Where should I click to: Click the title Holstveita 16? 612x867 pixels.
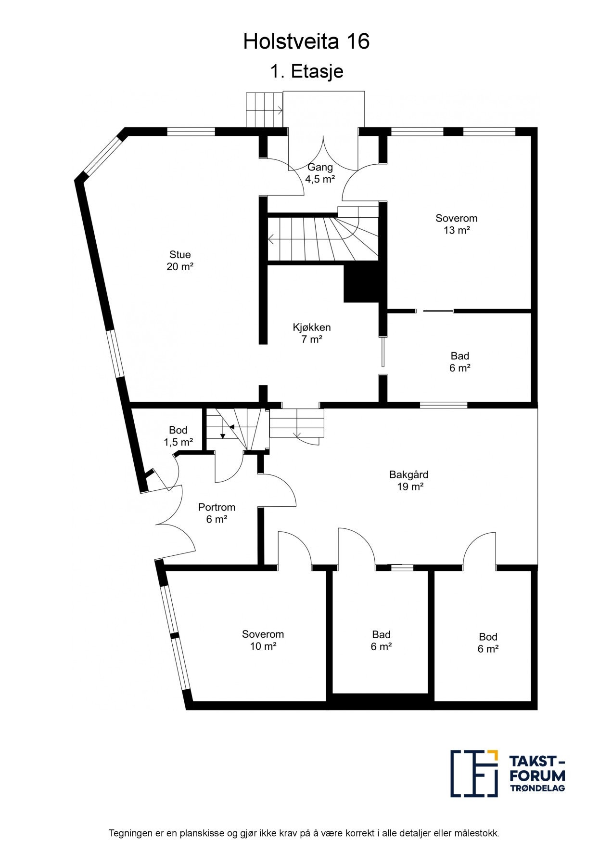coord(306,42)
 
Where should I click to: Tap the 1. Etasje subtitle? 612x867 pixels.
coord(306,72)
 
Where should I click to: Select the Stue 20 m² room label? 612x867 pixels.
coord(180,261)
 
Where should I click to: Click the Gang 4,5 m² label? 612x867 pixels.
coord(320,173)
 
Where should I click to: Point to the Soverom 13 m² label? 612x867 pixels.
coord(456,224)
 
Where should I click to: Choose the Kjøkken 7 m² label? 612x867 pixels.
coord(312,333)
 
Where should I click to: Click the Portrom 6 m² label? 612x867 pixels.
coord(217,513)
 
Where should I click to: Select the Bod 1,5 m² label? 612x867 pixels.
coord(178,436)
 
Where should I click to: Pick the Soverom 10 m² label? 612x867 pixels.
coord(263,640)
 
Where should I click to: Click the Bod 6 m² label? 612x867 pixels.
coord(488,643)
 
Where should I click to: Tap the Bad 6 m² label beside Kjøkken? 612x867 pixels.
coord(459,362)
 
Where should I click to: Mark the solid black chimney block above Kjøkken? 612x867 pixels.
coord(361,285)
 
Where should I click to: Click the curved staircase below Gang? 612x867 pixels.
coord(327,238)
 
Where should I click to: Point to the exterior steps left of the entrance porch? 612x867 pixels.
coord(264,110)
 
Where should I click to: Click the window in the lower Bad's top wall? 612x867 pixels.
coord(401,567)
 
